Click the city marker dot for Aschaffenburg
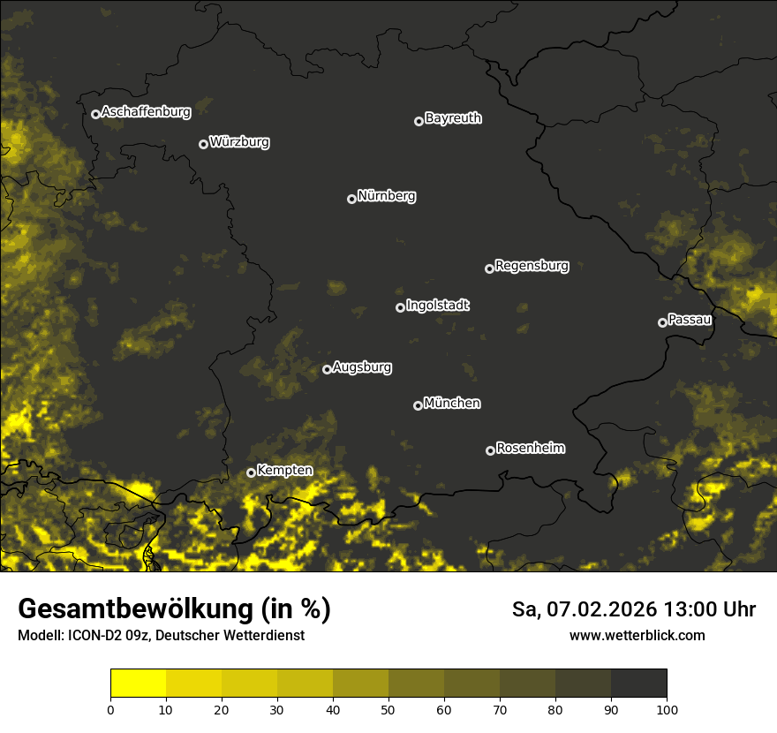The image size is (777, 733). click(95, 114)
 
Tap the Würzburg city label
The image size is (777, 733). click(239, 141)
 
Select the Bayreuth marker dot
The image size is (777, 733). click(419, 121)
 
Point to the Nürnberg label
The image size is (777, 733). click(387, 196)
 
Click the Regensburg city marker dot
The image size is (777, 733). click(489, 268)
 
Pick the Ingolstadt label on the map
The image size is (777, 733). click(438, 306)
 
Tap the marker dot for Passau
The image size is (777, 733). click(662, 322)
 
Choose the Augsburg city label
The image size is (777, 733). click(362, 367)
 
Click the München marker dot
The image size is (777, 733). click(418, 406)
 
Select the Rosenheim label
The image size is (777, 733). click(531, 449)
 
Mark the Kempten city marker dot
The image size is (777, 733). click(251, 472)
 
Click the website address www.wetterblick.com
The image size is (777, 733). click(637, 635)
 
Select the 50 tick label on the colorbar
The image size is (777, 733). click(388, 708)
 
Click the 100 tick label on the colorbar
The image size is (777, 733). click(666, 708)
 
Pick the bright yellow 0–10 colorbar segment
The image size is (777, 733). click(139, 684)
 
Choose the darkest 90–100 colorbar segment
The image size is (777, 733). click(638, 684)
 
